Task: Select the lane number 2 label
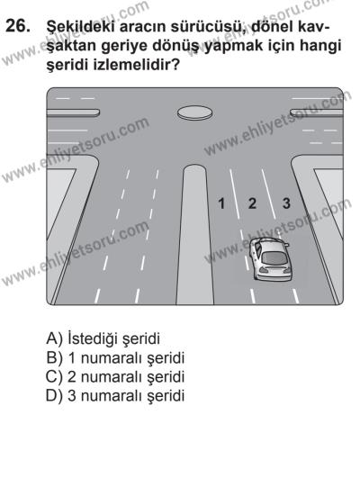point(253,204)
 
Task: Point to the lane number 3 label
point(286,204)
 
